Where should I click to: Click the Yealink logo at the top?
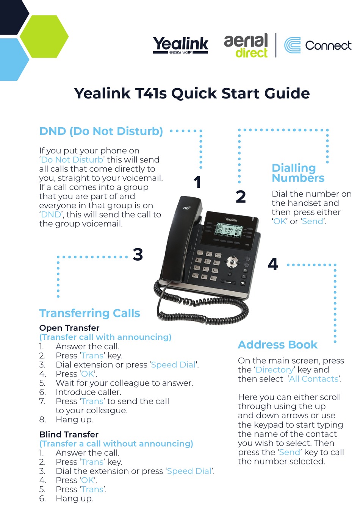(x=180, y=45)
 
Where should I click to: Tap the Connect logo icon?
(x=292, y=45)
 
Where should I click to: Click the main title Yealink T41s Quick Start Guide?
(x=192, y=93)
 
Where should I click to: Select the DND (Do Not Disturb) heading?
(x=101, y=131)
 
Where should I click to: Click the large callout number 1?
(x=197, y=182)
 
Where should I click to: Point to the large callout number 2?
(x=241, y=197)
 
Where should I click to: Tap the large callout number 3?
(x=138, y=255)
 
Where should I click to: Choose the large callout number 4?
(x=273, y=264)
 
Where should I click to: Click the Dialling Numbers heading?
(x=298, y=173)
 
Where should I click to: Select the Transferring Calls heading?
(x=90, y=313)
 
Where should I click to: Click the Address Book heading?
(x=277, y=345)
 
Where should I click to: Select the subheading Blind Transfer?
(x=69, y=434)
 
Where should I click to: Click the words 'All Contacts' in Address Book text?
(x=314, y=379)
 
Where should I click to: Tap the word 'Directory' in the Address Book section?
(x=275, y=370)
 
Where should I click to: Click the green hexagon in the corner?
(x=44, y=36)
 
